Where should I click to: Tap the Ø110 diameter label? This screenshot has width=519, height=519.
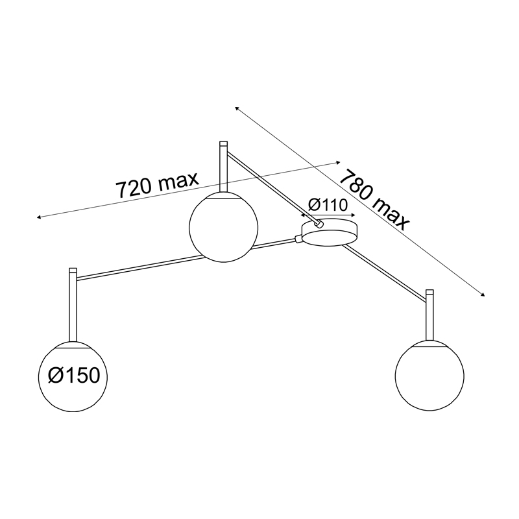point(328,205)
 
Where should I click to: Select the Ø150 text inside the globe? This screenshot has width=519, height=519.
point(73,376)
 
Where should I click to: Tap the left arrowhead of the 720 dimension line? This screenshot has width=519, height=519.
point(38,217)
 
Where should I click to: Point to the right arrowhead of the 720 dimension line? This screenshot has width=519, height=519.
point(338,162)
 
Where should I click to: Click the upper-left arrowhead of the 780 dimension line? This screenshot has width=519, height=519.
point(237,108)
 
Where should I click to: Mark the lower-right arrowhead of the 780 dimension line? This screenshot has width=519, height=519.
point(483,295)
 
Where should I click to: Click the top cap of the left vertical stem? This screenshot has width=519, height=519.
point(73,270)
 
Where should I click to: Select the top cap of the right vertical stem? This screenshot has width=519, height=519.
point(429,292)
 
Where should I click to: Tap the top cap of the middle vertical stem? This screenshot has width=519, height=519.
point(223,144)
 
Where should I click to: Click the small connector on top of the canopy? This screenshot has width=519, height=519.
point(319,224)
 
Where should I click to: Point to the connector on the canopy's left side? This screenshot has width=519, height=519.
point(298,239)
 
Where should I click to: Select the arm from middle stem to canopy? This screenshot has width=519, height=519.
point(271,186)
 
